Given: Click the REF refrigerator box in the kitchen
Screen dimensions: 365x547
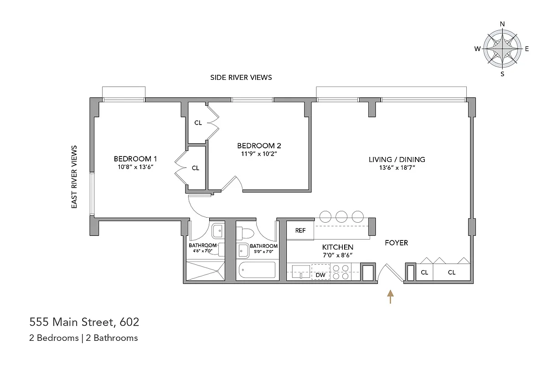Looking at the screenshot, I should click(x=300, y=230).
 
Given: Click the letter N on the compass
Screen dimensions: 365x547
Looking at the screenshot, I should click(x=502, y=24).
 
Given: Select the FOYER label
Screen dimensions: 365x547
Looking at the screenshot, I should click(x=396, y=243).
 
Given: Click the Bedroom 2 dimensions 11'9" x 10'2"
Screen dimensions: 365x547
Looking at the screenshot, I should click(x=259, y=154).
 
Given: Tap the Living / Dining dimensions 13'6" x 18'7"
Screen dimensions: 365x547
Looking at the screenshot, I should click(x=397, y=168).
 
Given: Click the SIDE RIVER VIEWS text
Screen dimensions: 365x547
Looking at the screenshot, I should click(x=241, y=78).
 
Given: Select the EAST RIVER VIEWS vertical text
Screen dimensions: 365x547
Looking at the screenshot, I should click(x=75, y=177).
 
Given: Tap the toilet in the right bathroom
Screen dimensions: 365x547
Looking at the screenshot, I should click(x=247, y=233).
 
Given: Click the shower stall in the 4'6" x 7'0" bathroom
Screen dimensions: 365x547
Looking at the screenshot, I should click(x=206, y=271).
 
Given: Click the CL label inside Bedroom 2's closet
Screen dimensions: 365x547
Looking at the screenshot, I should click(x=198, y=123).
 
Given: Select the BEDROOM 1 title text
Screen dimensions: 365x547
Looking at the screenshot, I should click(x=135, y=159).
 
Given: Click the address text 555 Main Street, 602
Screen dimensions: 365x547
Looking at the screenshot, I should click(x=84, y=323).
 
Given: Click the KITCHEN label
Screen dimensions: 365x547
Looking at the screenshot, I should click(x=337, y=247).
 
